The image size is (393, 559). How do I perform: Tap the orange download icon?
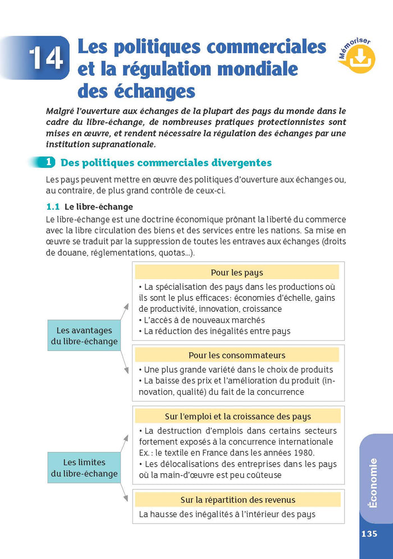tap(361, 58)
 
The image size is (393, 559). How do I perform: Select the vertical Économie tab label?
tap(372, 483)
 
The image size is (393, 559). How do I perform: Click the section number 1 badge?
tap(49, 163)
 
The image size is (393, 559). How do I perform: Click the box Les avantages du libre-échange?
tap(84, 336)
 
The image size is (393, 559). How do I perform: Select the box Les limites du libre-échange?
tap(84, 468)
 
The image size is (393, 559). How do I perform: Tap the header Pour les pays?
tap(236, 273)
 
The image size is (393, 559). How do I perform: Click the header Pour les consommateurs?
tap(236, 355)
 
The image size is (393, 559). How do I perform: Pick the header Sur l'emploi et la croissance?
tap(237, 417)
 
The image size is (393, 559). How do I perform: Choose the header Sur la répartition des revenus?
tap(237, 500)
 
